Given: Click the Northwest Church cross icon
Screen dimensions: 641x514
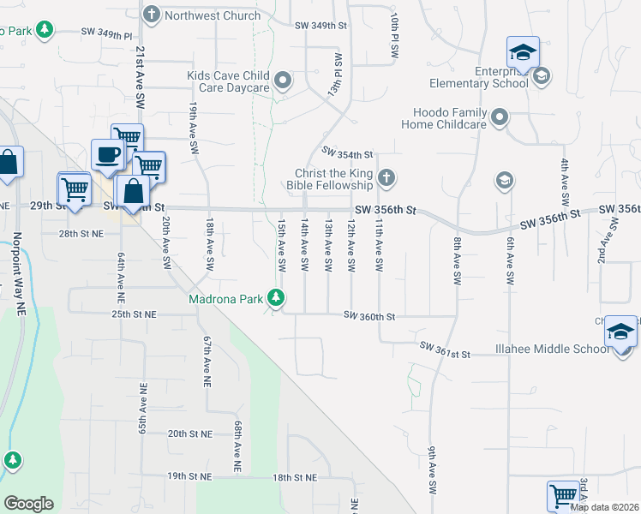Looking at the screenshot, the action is pyautogui.click(x=152, y=15).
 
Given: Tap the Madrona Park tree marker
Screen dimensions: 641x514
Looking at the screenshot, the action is pyautogui.click(x=276, y=298).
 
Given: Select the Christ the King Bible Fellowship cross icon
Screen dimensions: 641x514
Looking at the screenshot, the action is pyautogui.click(x=386, y=178).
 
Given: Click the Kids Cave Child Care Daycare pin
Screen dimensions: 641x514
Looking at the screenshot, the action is pyautogui.click(x=285, y=82).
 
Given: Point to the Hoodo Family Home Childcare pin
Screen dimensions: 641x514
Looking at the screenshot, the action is pyautogui.click(x=500, y=117).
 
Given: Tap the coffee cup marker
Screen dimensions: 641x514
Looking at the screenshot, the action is pyautogui.click(x=108, y=154).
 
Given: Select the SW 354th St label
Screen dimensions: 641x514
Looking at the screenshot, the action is pyautogui.click(x=348, y=154).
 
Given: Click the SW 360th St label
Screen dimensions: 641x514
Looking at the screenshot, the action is pyautogui.click(x=369, y=316).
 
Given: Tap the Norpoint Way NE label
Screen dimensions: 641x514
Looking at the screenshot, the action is pyautogui.click(x=15, y=261).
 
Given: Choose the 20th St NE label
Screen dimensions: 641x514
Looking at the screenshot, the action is pyautogui.click(x=189, y=434).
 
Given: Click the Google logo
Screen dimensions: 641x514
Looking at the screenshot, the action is pyautogui.click(x=28, y=504).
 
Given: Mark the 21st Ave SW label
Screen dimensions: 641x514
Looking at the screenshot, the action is pyautogui.click(x=139, y=77).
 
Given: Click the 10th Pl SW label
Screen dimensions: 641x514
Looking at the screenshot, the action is pyautogui.click(x=395, y=34).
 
